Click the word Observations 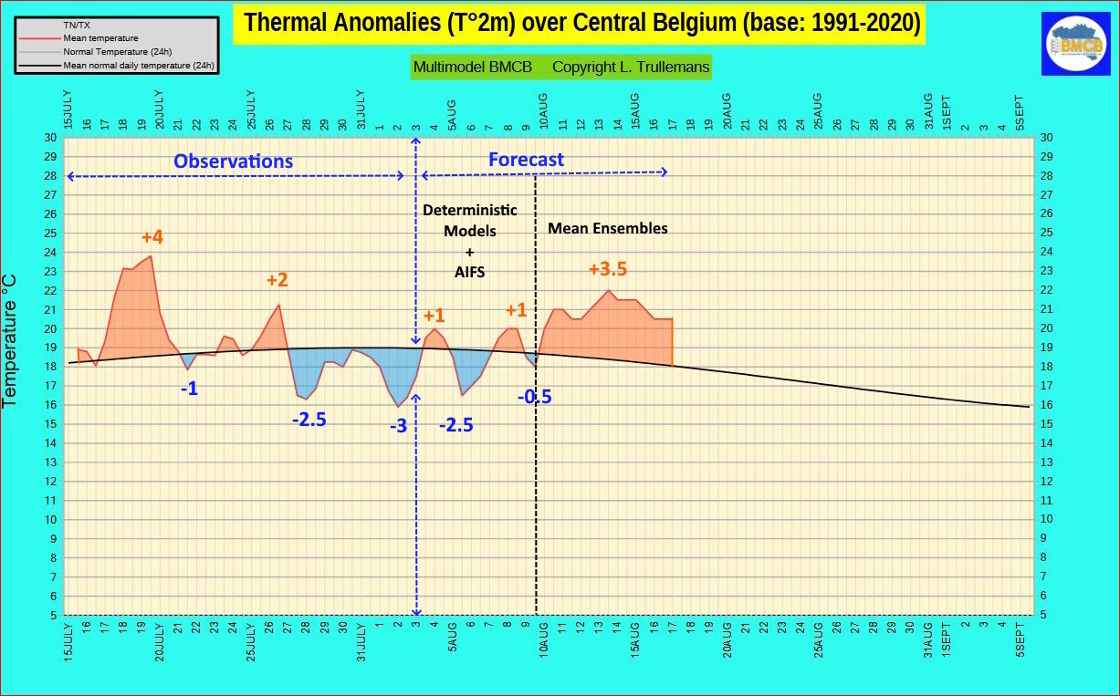234,161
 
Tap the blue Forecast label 526,160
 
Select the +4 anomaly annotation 152,238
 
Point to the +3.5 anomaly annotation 608,270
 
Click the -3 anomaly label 398,425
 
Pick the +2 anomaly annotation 277,280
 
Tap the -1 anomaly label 189,389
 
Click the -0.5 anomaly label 534,397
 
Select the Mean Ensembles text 607,229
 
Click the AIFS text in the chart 470,272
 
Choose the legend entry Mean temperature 100,38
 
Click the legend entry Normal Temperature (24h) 117,52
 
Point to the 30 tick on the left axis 51,138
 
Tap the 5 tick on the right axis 1046,615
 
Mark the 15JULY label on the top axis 68,109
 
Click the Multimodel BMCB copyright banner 560,68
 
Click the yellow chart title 580,23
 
